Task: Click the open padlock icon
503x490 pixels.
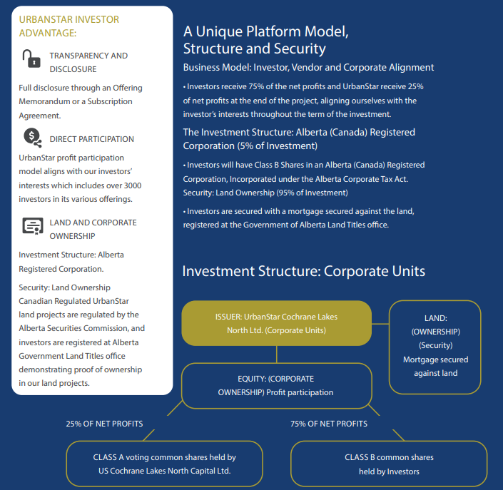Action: pyautogui.click(x=31, y=58)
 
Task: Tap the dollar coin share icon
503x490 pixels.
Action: pyautogui.click(x=32, y=138)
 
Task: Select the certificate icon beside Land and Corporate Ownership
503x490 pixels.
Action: pyautogui.click(x=33, y=226)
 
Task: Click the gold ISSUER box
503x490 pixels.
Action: pyautogui.click(x=277, y=323)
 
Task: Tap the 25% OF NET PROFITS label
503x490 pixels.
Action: pyautogui.click(x=104, y=424)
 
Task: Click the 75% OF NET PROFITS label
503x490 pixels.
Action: pyautogui.click(x=329, y=424)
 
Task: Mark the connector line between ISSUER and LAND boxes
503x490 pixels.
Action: pyautogui.click(x=380, y=324)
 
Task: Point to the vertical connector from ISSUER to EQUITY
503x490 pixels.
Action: pyautogui.click(x=277, y=354)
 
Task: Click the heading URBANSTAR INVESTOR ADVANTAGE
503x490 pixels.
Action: pyautogui.click(x=69, y=26)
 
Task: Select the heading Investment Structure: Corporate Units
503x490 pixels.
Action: pyautogui.click(x=303, y=271)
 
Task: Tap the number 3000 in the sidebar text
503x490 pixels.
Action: pyautogui.click(x=133, y=185)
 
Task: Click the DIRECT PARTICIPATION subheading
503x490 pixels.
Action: pyautogui.click(x=92, y=139)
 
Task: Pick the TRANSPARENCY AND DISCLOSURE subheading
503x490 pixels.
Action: pyautogui.click(x=88, y=63)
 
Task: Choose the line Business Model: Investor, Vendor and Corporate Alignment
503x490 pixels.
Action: pyautogui.click(x=308, y=67)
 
